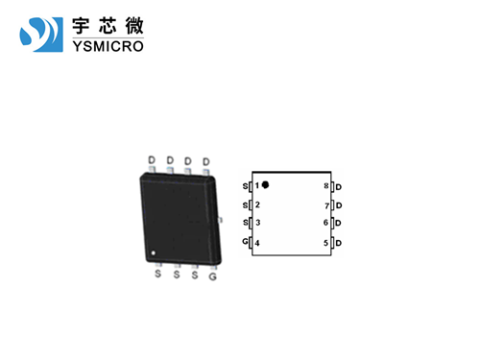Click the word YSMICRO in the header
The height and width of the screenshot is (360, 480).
coord(108,44)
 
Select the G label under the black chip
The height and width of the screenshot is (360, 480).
coord(212,276)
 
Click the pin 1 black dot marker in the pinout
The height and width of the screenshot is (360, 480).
coord(266,184)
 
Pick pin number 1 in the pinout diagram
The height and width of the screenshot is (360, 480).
coord(257,185)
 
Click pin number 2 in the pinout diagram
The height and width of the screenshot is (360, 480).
coord(257,204)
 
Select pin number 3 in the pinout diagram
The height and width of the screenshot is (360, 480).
coord(257,223)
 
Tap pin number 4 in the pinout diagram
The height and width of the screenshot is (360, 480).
coord(257,242)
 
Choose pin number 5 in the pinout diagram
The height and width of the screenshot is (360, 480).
coord(326,243)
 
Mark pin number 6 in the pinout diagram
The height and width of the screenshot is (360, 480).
coord(326,224)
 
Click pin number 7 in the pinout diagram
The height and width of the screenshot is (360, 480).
coord(326,205)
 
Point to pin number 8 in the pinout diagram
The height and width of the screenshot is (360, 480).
coord(326,185)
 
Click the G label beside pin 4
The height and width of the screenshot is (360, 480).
coord(246,241)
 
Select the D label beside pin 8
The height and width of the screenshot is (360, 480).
coord(339,186)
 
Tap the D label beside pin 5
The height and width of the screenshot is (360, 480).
coord(339,243)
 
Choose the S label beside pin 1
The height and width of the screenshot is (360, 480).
coord(246,185)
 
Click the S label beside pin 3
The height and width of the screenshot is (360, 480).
coord(246,223)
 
